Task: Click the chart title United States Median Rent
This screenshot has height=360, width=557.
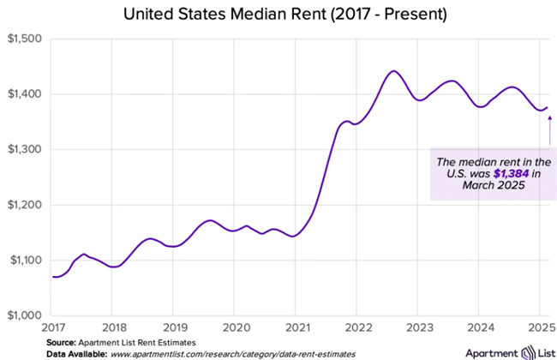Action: coord(278,15)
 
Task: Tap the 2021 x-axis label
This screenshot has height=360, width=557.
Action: coord(296,327)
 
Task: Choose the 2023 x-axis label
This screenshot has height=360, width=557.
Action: coord(417,327)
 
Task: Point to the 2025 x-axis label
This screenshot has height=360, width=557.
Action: coord(539,327)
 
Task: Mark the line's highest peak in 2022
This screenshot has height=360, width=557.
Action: coord(393,71)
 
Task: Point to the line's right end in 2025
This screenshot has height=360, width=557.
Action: coord(548,107)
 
